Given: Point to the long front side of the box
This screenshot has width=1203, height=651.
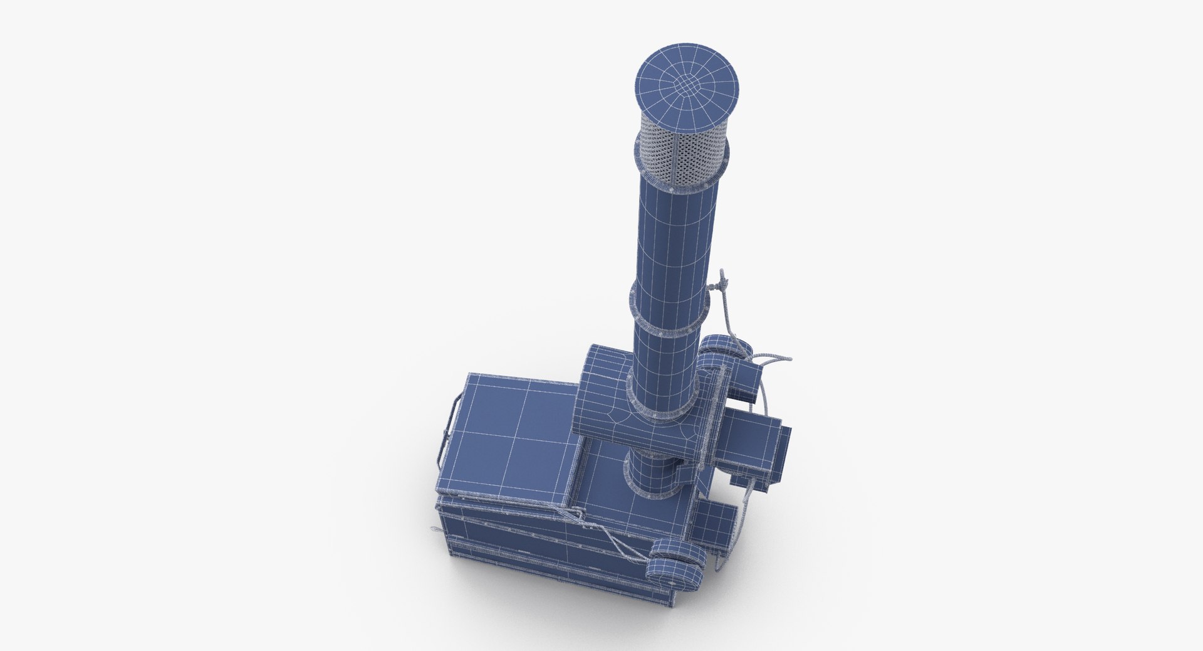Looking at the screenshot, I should click(533, 552).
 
